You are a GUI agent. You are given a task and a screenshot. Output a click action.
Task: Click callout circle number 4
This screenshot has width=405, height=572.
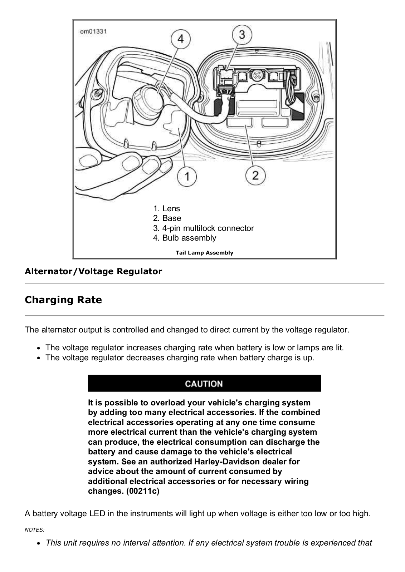[180, 39]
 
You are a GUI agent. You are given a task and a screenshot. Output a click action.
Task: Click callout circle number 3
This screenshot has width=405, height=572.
[242, 34]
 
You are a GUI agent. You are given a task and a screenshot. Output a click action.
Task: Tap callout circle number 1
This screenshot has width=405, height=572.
[187, 176]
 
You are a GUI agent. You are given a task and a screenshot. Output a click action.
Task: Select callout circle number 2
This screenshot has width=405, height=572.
[255, 176]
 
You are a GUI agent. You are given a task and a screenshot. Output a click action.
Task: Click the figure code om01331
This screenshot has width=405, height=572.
[93, 31]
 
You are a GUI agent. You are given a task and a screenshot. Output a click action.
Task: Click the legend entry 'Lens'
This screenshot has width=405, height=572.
[166, 208]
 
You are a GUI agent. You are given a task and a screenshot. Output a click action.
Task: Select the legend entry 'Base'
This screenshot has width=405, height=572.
[167, 218]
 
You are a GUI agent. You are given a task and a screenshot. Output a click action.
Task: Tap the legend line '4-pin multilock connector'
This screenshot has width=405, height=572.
[203, 228]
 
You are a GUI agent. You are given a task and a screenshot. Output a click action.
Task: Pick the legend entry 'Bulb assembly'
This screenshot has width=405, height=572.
[185, 238]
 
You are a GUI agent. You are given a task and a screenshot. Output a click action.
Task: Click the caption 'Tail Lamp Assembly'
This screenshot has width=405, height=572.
[204, 252]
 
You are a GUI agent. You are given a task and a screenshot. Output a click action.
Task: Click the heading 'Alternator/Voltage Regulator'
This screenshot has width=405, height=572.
[93, 271]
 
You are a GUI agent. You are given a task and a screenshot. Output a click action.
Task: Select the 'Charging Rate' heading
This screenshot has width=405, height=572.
[63, 300]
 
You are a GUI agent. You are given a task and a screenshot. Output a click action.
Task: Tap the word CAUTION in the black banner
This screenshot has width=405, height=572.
[204, 384]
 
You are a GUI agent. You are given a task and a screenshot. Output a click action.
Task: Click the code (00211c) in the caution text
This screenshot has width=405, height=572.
[143, 491]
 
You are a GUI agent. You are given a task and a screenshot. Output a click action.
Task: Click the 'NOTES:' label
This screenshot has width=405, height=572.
[34, 530]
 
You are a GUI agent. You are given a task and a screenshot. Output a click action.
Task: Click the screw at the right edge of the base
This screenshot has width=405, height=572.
[316, 98]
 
